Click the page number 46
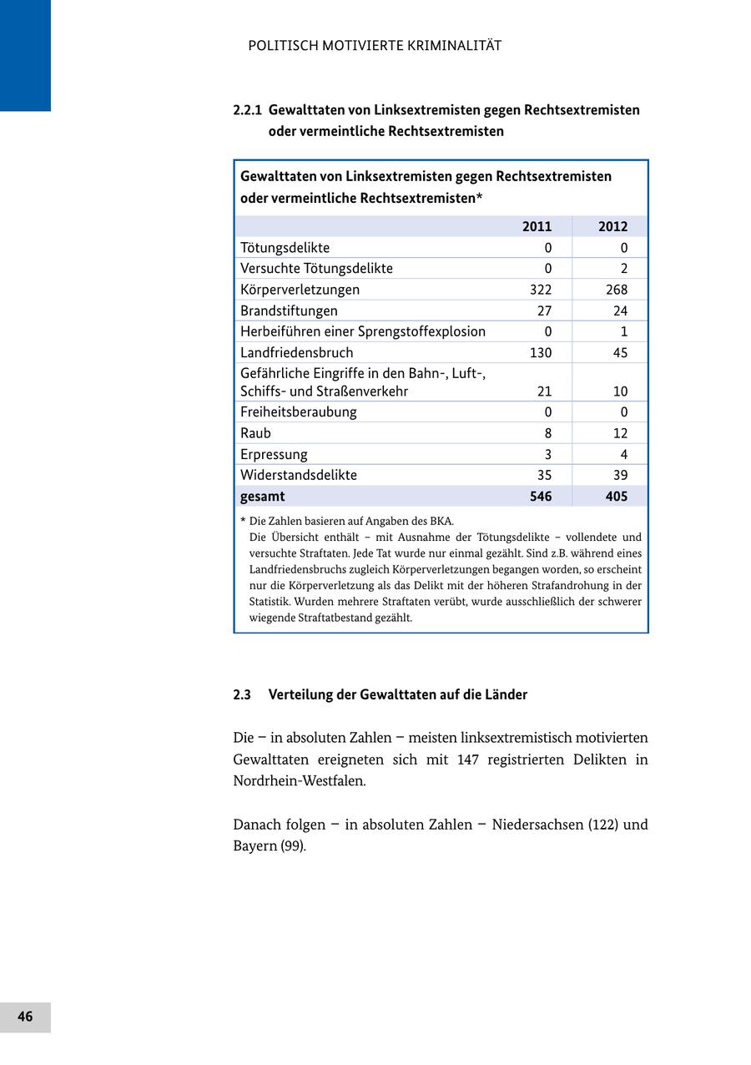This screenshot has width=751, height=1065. [x=25, y=1017]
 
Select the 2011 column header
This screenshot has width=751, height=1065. [x=537, y=226]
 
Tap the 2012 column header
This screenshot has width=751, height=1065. [x=612, y=226]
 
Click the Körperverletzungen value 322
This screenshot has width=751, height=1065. [x=541, y=290]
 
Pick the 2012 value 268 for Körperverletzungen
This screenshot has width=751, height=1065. [x=617, y=290]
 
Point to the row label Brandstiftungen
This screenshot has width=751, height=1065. [x=289, y=310]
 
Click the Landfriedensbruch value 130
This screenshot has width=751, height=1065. [x=541, y=352]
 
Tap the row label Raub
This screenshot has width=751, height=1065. [x=255, y=433]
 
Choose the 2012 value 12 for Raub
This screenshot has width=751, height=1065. [x=619, y=433]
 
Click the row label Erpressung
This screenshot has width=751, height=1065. [x=274, y=455]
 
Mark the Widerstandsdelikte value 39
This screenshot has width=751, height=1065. [x=619, y=475]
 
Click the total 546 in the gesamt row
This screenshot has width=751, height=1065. [x=541, y=497]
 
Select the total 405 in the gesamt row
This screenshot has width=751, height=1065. [x=617, y=497]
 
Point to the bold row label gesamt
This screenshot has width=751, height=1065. [x=262, y=497]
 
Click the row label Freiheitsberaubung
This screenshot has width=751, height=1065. [x=298, y=412]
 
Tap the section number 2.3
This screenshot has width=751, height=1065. [x=242, y=694]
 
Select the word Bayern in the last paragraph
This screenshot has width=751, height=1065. [x=254, y=846]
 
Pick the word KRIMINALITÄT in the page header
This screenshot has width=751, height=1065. [x=454, y=46]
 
